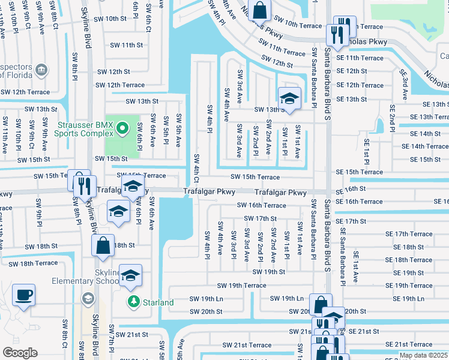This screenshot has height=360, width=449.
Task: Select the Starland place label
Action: (158, 302)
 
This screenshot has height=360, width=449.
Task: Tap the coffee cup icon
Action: (24, 295)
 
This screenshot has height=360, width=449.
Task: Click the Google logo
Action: (20, 352)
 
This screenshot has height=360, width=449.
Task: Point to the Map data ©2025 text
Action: (423, 355)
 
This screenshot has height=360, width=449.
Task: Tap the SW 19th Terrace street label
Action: (241, 286)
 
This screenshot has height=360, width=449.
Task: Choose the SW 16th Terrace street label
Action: (261, 205)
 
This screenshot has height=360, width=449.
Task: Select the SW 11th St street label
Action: (124, 45)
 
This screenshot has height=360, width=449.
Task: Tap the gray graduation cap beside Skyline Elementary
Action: (88, 298)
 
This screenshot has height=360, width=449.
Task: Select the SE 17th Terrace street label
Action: (409, 234)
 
